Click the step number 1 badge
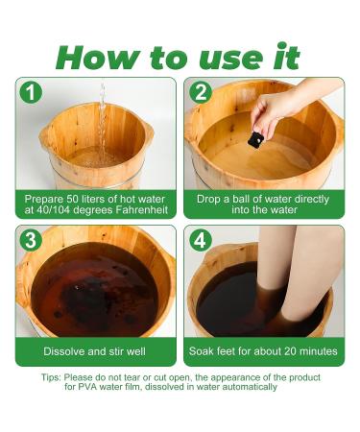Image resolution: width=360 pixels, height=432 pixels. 31,92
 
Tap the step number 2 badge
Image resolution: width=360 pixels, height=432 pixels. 201,92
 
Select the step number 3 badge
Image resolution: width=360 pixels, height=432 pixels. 31,240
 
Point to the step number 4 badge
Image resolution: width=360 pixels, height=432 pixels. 201,240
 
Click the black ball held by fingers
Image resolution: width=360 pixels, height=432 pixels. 255,140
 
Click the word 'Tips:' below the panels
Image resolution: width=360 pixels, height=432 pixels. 51,377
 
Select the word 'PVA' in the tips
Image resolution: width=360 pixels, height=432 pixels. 87,387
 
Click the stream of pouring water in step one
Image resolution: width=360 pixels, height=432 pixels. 102,122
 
